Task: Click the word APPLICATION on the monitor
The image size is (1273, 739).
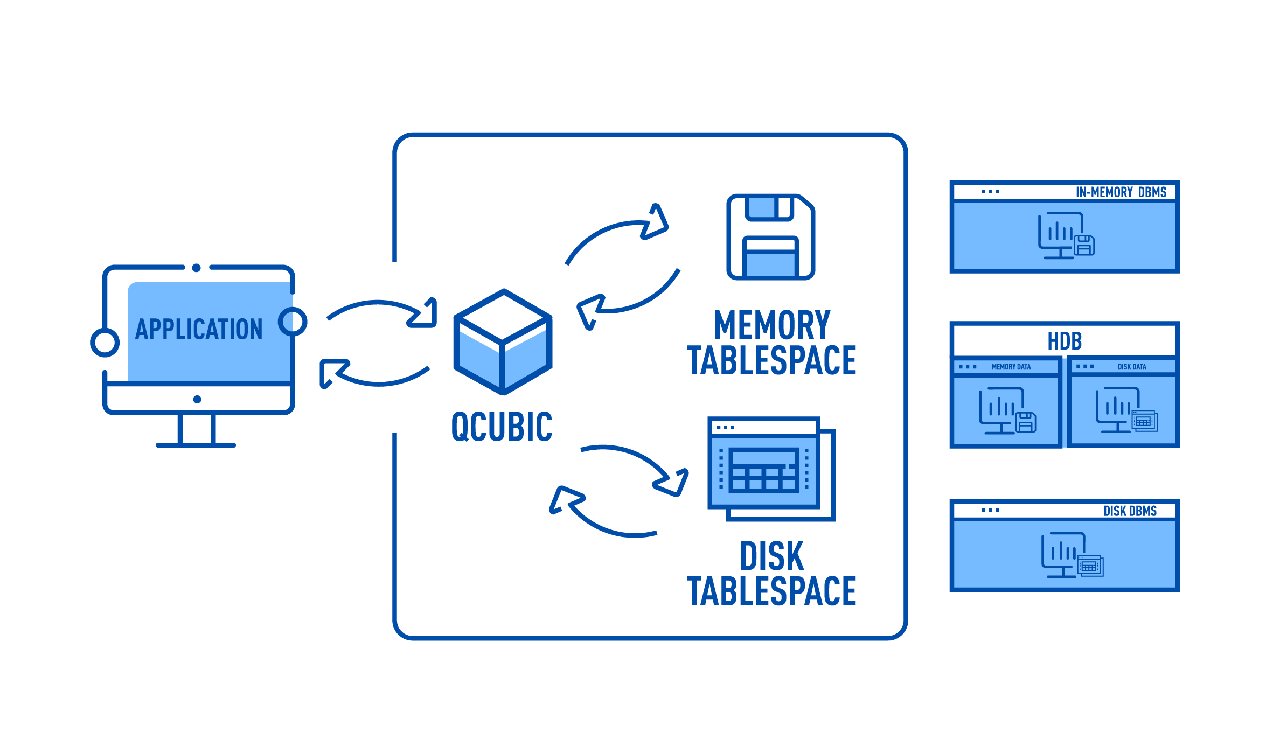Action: [199, 329]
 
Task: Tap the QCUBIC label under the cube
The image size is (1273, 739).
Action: [502, 427]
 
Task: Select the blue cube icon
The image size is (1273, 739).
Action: [503, 342]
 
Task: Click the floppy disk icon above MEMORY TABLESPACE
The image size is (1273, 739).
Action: [770, 237]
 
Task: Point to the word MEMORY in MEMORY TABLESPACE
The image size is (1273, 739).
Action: [772, 325]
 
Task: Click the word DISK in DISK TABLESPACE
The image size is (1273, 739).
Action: [771, 556]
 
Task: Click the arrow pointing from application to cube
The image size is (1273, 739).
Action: [382, 312]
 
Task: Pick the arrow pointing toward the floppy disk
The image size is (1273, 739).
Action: [620, 232]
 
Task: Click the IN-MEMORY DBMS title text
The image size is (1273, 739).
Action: [1121, 192]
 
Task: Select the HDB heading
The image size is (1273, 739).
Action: [1065, 341]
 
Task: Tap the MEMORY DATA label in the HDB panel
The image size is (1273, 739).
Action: [1011, 367]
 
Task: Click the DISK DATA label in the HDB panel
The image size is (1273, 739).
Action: [1132, 367]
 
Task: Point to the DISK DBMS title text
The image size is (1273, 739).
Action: [1130, 511]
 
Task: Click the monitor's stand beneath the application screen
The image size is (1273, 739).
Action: [196, 431]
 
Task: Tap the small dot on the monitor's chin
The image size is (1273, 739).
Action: [197, 399]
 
